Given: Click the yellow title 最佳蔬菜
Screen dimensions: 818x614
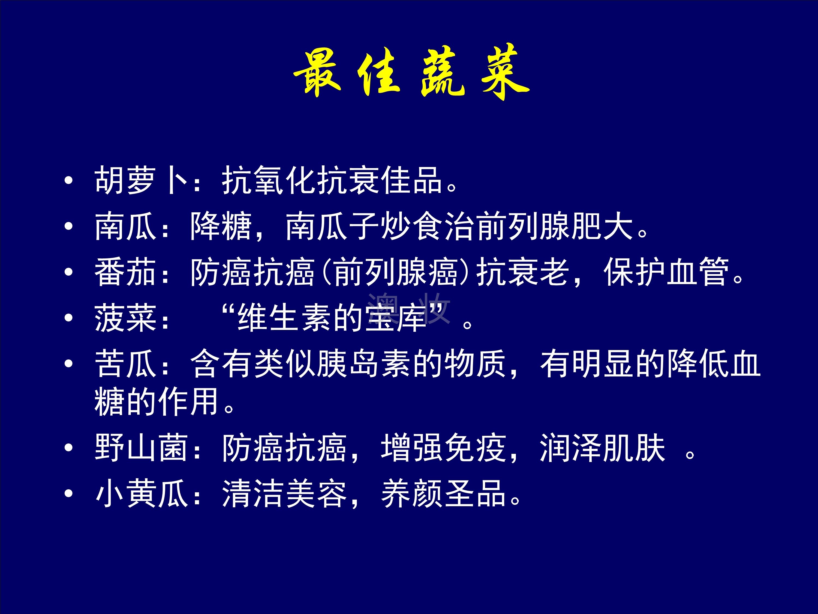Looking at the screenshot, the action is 411,72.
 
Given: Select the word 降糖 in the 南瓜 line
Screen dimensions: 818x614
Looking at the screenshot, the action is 221,226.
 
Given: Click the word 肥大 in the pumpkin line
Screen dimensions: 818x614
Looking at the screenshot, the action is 602,226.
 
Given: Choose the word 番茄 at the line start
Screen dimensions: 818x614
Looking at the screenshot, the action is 125,272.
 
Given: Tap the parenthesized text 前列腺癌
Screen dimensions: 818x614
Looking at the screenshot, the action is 396,272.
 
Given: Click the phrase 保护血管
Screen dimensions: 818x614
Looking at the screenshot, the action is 666,272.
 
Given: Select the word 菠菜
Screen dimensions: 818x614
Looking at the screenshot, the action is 125,318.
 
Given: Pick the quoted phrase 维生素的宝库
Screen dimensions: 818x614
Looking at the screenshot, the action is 332,318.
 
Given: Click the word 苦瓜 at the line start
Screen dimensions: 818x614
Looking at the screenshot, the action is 125,364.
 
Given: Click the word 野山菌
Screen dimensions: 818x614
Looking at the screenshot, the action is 141,448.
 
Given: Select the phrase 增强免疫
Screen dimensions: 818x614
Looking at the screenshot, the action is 443,448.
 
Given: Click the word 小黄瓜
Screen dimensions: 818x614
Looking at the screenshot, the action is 141,494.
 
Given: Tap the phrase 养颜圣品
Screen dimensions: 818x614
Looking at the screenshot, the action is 443,494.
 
